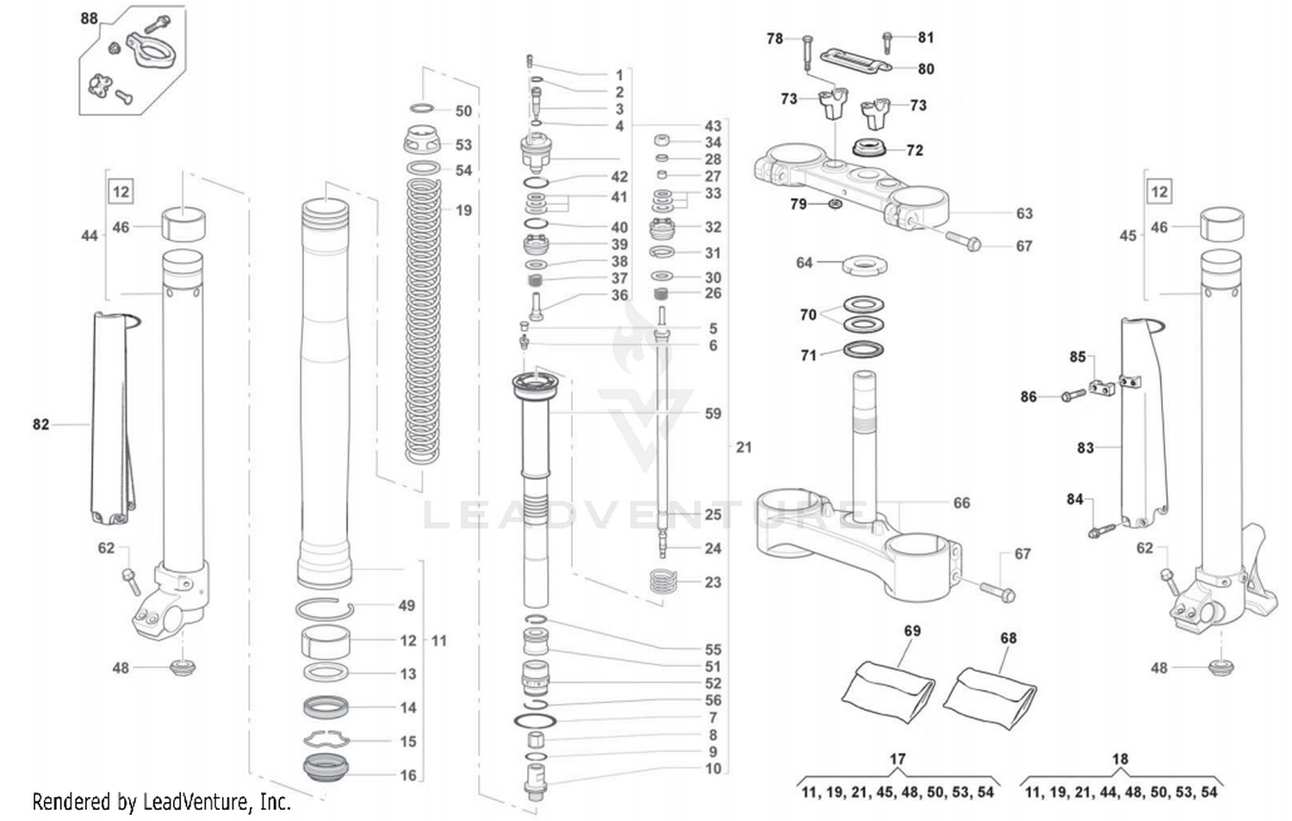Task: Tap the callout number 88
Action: (x=89, y=18)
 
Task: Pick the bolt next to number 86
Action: (x=1072, y=395)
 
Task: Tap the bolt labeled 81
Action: (x=887, y=40)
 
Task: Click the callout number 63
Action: (x=1023, y=213)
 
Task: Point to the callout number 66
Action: (x=961, y=502)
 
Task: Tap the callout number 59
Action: (x=712, y=414)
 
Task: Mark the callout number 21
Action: (x=743, y=447)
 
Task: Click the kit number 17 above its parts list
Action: (x=897, y=759)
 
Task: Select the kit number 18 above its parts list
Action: (x=1119, y=759)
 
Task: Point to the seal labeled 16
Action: (x=326, y=767)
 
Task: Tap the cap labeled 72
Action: (x=874, y=147)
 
